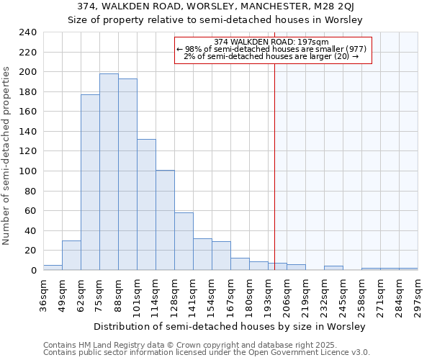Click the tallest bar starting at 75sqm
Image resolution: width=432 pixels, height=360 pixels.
tap(109, 172)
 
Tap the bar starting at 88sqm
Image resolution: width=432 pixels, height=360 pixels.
tap(127, 174)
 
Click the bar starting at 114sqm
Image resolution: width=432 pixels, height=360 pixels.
tap(165, 220)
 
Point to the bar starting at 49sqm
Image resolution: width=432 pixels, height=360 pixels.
tap(71, 255)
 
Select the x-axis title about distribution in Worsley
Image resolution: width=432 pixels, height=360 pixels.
tap(230, 326)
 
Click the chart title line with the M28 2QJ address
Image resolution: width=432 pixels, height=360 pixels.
tap(215, 6)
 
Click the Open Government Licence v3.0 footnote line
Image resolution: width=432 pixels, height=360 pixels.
tap(206, 353)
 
